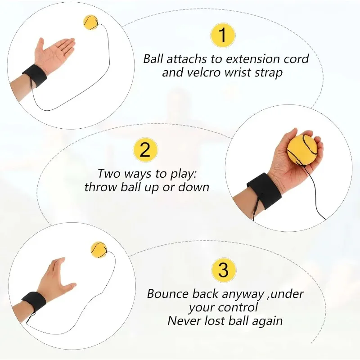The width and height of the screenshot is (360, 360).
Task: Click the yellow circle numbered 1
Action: tap(224, 35)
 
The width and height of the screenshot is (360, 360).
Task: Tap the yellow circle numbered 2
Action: tap(144, 149)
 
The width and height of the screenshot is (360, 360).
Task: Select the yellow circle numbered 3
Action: tap(224, 270)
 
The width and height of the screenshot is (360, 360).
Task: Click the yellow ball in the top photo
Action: tap(90, 22)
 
